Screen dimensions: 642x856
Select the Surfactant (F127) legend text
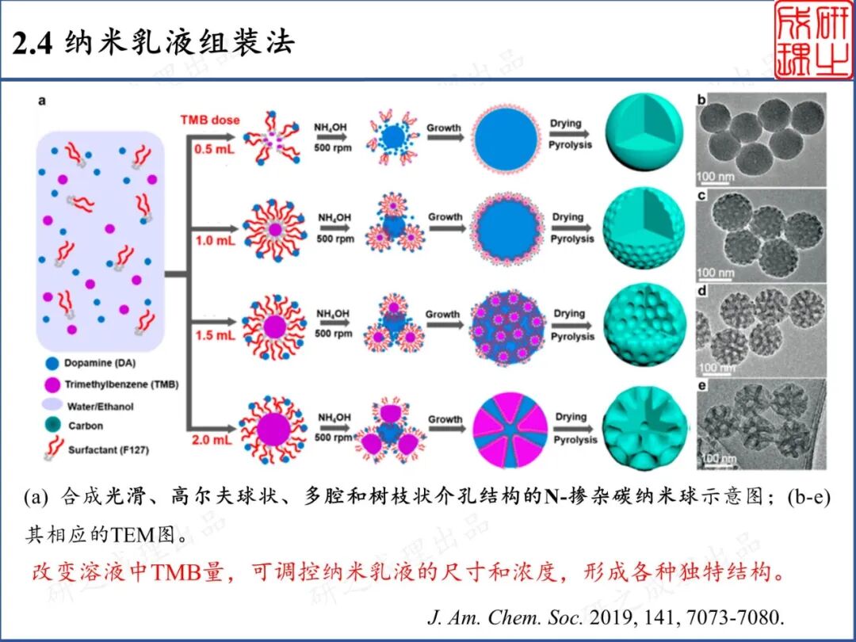click(x=109, y=449)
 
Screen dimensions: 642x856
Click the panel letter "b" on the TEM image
click(x=701, y=100)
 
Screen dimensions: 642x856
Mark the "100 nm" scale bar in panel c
click(x=715, y=273)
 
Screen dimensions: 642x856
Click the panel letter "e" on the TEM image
click(x=701, y=385)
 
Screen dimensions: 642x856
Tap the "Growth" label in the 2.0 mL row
click(x=445, y=419)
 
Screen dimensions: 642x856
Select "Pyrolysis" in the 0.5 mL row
click(x=571, y=145)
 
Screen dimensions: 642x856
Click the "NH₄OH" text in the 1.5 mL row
click(x=333, y=314)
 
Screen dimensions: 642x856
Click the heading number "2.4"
click(x=32, y=44)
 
